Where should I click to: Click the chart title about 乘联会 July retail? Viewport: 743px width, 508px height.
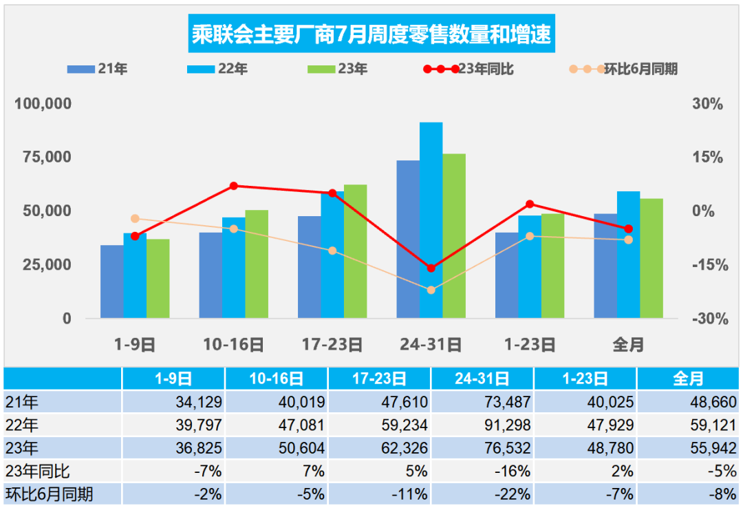(x=371, y=35)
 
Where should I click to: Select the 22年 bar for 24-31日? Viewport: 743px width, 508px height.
(x=431, y=220)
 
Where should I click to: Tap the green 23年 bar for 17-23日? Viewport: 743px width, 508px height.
(x=355, y=251)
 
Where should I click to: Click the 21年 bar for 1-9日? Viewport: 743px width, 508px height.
(x=112, y=282)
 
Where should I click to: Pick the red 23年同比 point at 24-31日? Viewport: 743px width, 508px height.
(x=431, y=268)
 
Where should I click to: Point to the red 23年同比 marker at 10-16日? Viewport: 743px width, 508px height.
(x=234, y=186)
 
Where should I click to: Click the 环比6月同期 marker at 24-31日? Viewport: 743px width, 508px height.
(x=431, y=290)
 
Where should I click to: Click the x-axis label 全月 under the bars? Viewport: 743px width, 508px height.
(x=627, y=344)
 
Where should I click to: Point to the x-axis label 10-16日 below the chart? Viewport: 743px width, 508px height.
(x=234, y=344)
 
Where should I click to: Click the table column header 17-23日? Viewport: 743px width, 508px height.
(x=379, y=379)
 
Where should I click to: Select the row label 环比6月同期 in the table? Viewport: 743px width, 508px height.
(x=50, y=494)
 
